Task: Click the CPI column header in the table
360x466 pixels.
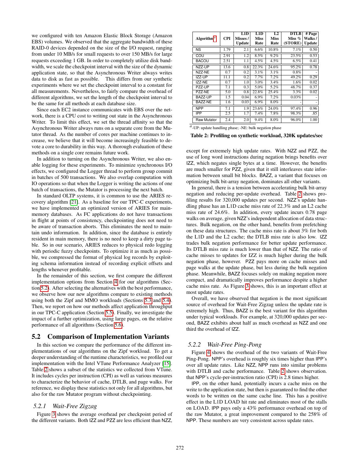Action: pos(227,39)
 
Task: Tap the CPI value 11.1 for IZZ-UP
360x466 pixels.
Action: pos(227,77)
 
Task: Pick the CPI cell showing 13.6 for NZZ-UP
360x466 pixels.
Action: pos(227,67)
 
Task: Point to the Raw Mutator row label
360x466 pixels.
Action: pos(206,120)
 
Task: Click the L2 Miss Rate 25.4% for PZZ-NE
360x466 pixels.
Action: pos(273,92)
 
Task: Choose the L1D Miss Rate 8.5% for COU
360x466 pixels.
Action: pos(258,56)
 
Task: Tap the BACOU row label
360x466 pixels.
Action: pos(202,61)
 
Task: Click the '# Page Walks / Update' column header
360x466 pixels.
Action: pos(311,39)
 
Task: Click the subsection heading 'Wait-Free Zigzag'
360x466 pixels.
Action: pos(74,406)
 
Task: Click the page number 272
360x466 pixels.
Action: pos(180,448)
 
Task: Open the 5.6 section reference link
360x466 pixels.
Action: pos(118,325)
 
